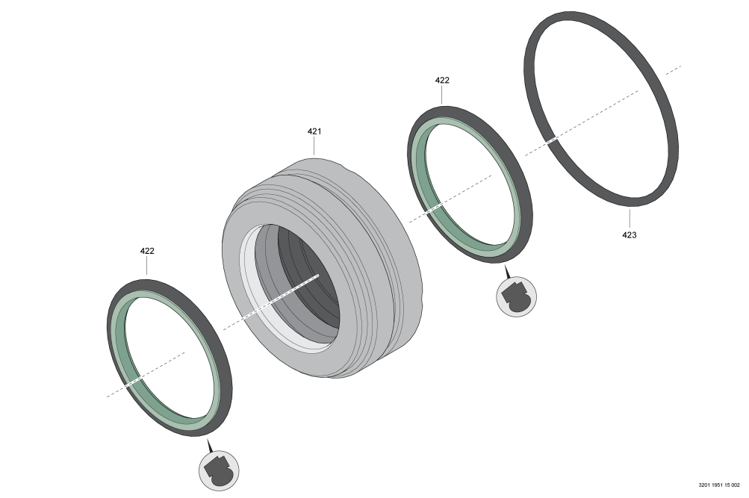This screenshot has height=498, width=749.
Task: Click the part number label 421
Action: [314, 131]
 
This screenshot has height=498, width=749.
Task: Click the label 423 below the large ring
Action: [629, 235]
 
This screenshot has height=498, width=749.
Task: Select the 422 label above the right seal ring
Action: [442, 80]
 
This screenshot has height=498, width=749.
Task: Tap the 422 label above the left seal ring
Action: [147, 251]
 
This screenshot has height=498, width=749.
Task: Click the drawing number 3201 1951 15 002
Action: [719, 485]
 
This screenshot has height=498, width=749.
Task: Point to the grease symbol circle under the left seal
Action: [219, 470]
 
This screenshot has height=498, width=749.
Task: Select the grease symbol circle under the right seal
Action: [516, 296]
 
